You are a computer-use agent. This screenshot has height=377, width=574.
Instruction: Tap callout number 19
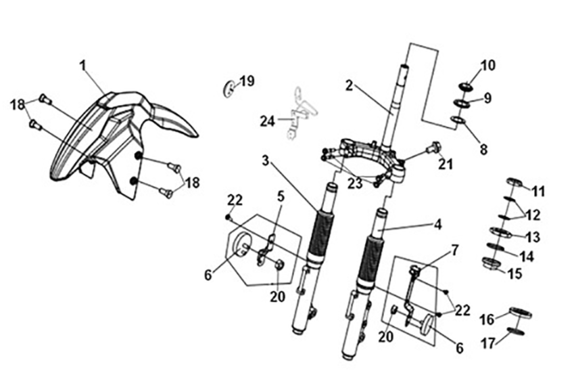click(247, 81)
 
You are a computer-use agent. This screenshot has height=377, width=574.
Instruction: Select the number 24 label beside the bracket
click(268, 121)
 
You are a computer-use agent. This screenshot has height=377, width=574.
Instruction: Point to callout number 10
click(488, 66)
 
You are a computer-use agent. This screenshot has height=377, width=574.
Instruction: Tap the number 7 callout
click(454, 250)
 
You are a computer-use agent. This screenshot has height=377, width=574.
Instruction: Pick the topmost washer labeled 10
click(465, 85)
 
